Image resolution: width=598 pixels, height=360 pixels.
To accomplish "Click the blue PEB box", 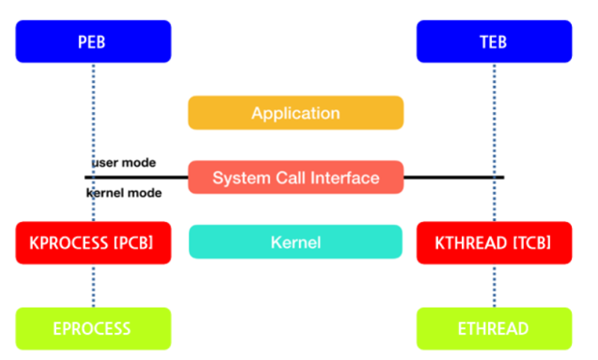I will [93, 41].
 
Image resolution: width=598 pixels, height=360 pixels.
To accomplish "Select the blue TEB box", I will [493, 41].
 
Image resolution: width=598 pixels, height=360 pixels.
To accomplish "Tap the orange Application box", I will [295, 113].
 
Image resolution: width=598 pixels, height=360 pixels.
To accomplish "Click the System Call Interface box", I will [295, 178].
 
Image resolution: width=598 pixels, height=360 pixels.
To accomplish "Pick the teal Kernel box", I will [295, 242].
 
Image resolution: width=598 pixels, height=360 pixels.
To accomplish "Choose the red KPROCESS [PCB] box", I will [93, 242].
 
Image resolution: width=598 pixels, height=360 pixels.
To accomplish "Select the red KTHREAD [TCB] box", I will [493, 242].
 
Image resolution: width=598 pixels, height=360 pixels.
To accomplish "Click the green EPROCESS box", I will [93, 328].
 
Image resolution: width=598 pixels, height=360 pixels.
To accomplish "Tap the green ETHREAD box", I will [493, 328].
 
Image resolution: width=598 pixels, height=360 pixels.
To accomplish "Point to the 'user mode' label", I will [124, 162].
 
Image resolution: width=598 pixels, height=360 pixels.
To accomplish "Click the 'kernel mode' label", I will [124, 193].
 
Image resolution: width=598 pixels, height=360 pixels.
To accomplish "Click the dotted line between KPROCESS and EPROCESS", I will [93, 285].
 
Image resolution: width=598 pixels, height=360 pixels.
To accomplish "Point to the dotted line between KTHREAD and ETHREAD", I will [494, 285].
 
